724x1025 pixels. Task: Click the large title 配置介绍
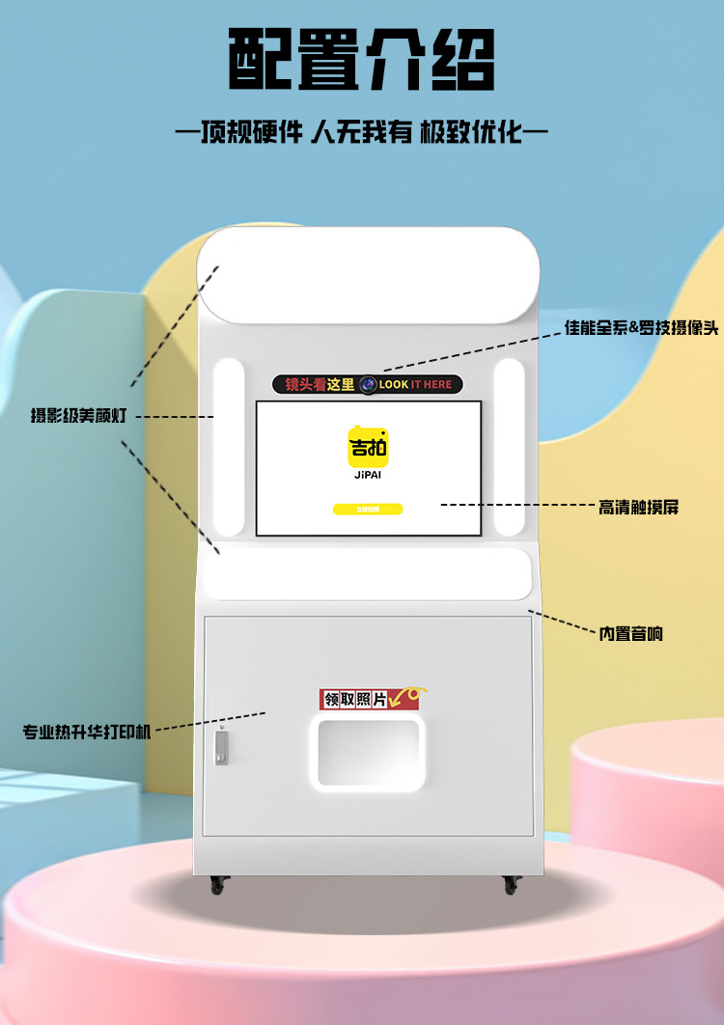361,60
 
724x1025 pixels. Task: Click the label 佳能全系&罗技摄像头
641,329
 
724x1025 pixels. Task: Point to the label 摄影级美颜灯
78,416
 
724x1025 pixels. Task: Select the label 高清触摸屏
638,506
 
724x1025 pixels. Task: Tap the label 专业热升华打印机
88,732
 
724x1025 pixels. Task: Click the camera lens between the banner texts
368,385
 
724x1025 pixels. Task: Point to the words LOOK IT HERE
415,385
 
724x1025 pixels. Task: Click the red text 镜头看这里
320,385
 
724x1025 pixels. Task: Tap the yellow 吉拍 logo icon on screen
368,446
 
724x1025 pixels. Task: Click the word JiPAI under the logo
368,475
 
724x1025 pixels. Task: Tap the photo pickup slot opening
371,752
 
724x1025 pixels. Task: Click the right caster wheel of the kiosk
511,883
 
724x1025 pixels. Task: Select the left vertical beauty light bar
229,446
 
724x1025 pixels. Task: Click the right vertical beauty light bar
509,446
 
